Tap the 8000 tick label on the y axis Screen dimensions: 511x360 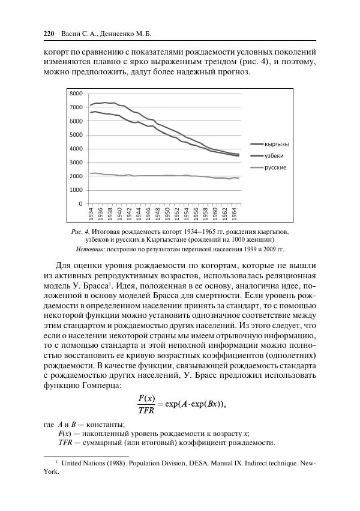tap(76, 94)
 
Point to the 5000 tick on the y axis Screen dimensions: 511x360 tap(76, 135)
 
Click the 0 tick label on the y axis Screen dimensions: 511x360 tap(80, 204)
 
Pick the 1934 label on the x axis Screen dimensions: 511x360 tap(91, 214)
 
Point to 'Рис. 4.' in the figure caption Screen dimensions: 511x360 tap(80, 232)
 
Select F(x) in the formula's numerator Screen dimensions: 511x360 tap(146, 398)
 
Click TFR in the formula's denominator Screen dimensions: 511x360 tap(146, 410)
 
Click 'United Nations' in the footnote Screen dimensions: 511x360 tap(83, 464)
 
